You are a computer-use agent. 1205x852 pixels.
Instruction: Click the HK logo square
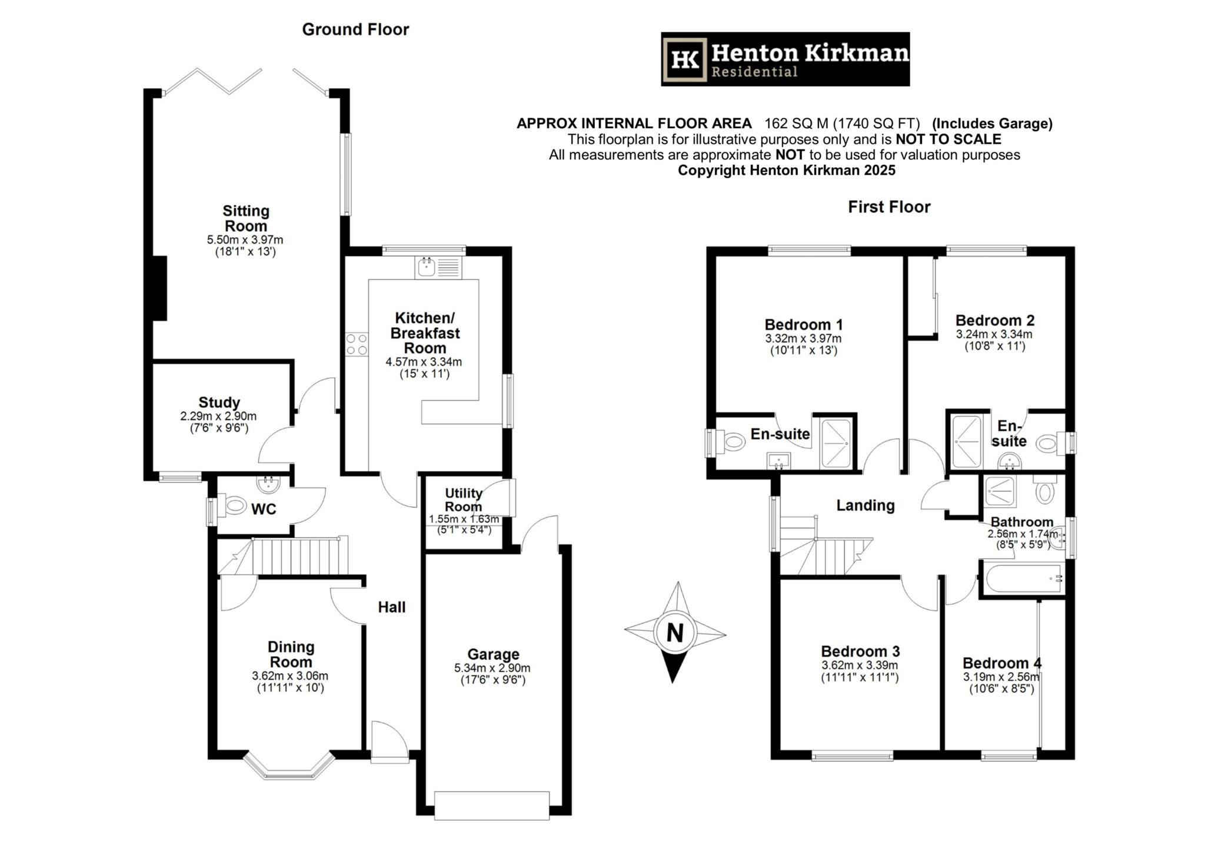[x=685, y=59]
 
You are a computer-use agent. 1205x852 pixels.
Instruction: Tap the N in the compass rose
[x=675, y=633]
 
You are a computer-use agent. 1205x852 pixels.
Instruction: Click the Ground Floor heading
[x=355, y=29]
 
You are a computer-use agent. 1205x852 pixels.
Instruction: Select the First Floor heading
[x=889, y=207]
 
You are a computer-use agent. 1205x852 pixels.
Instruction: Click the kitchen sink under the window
[x=425, y=268]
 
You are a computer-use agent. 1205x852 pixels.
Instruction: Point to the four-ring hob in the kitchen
[x=357, y=344]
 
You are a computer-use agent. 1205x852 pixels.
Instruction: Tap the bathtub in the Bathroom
[x=1023, y=578]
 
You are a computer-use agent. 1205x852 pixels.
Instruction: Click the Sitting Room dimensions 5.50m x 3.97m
[x=245, y=240]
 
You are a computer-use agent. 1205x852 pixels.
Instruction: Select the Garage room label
[x=493, y=654]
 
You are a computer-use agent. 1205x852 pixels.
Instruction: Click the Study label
[x=219, y=402]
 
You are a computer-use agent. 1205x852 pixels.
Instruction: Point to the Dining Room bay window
[x=289, y=768]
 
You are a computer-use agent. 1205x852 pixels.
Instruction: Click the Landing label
[x=866, y=505]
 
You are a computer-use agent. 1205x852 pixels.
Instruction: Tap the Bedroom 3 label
[x=860, y=651]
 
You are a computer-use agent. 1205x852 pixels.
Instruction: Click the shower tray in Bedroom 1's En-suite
[x=835, y=443]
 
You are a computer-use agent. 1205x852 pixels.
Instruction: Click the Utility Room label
[x=463, y=500]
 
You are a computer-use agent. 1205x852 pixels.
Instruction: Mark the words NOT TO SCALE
[x=948, y=139]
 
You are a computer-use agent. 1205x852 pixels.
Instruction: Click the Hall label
[x=392, y=607]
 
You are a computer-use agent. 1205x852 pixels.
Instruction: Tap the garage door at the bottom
[x=492, y=806]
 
